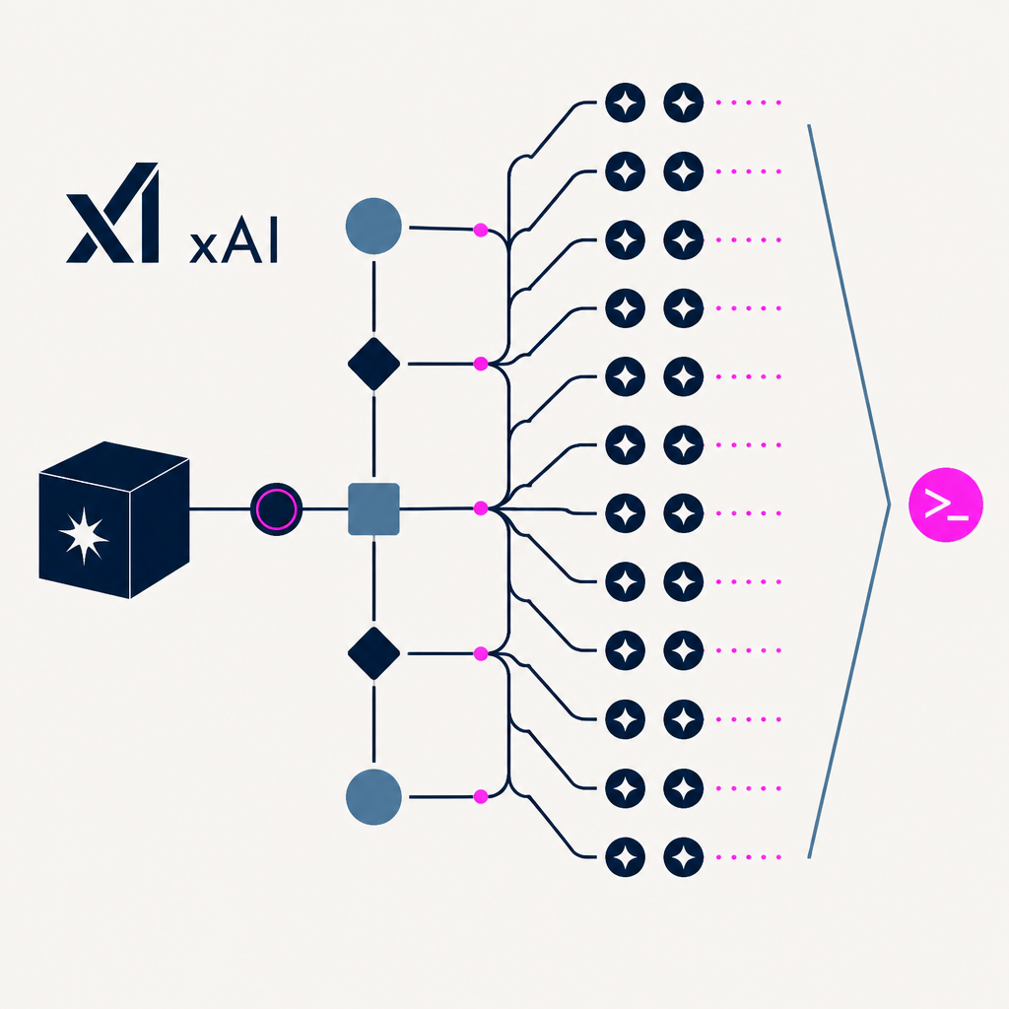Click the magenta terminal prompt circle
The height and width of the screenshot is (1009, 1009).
click(x=945, y=504)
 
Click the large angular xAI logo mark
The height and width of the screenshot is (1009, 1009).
click(x=112, y=213)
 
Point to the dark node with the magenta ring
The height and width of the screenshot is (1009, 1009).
click(x=276, y=509)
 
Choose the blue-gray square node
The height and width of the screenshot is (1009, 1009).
click(x=373, y=509)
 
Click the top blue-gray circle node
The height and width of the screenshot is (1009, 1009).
click(x=373, y=226)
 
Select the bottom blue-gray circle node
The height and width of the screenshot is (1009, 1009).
click(x=373, y=796)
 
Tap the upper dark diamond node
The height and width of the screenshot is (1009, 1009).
click(x=373, y=364)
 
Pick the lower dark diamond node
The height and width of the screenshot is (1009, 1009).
click(x=373, y=653)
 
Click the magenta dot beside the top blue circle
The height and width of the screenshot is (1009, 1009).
click(x=481, y=230)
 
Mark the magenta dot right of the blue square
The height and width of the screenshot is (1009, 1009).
click(x=481, y=508)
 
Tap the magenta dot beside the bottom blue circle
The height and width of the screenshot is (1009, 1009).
click(x=481, y=796)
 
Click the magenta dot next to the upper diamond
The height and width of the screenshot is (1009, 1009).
click(x=481, y=364)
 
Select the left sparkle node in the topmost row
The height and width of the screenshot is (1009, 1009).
click(x=625, y=102)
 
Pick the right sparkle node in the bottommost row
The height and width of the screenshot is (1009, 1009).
click(x=684, y=857)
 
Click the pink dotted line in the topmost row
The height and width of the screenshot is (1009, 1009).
click(x=749, y=102)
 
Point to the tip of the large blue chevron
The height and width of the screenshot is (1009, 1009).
click(x=890, y=504)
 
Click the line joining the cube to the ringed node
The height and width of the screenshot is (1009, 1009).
click(x=220, y=509)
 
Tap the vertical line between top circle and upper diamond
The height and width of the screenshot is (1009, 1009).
click(x=373, y=296)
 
